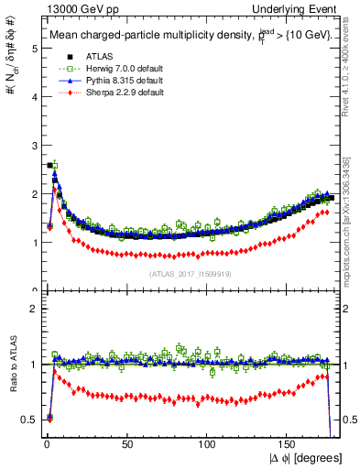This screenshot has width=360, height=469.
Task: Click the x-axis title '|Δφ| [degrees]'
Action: [305, 458]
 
